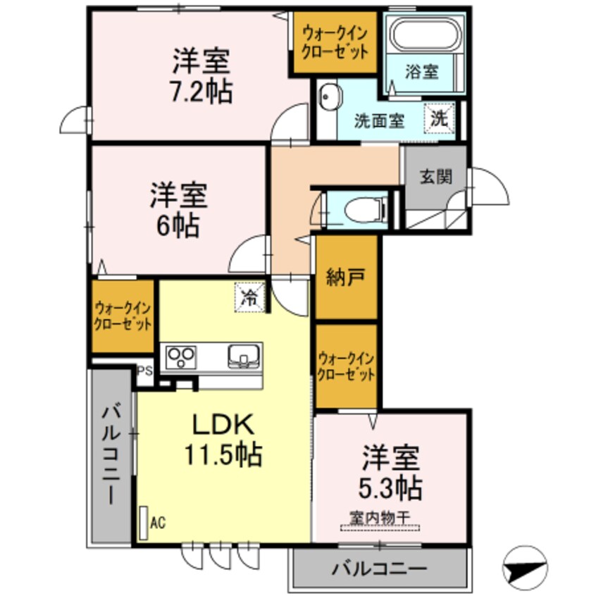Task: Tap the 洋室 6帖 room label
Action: [178, 209]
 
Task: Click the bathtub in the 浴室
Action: [424, 37]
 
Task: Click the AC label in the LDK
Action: [157, 523]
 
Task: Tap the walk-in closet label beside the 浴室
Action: [335, 42]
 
